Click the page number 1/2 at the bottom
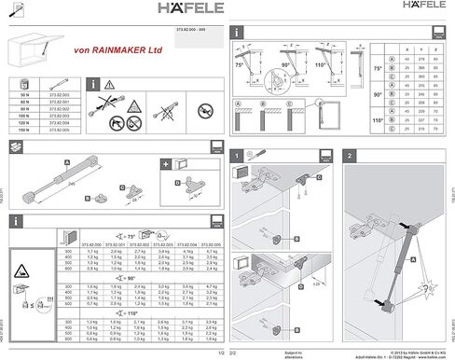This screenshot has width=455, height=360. [220, 353]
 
